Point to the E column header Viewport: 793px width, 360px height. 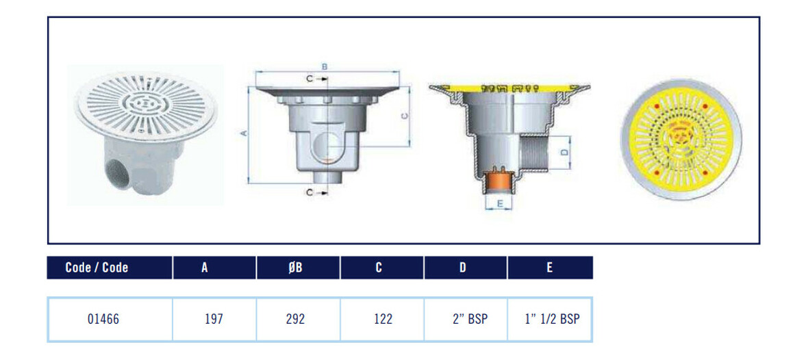[x=551, y=268]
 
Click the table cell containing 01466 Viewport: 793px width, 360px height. [x=110, y=320]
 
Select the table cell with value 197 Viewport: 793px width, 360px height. [x=214, y=320]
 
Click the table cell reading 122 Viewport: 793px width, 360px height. [x=382, y=320]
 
